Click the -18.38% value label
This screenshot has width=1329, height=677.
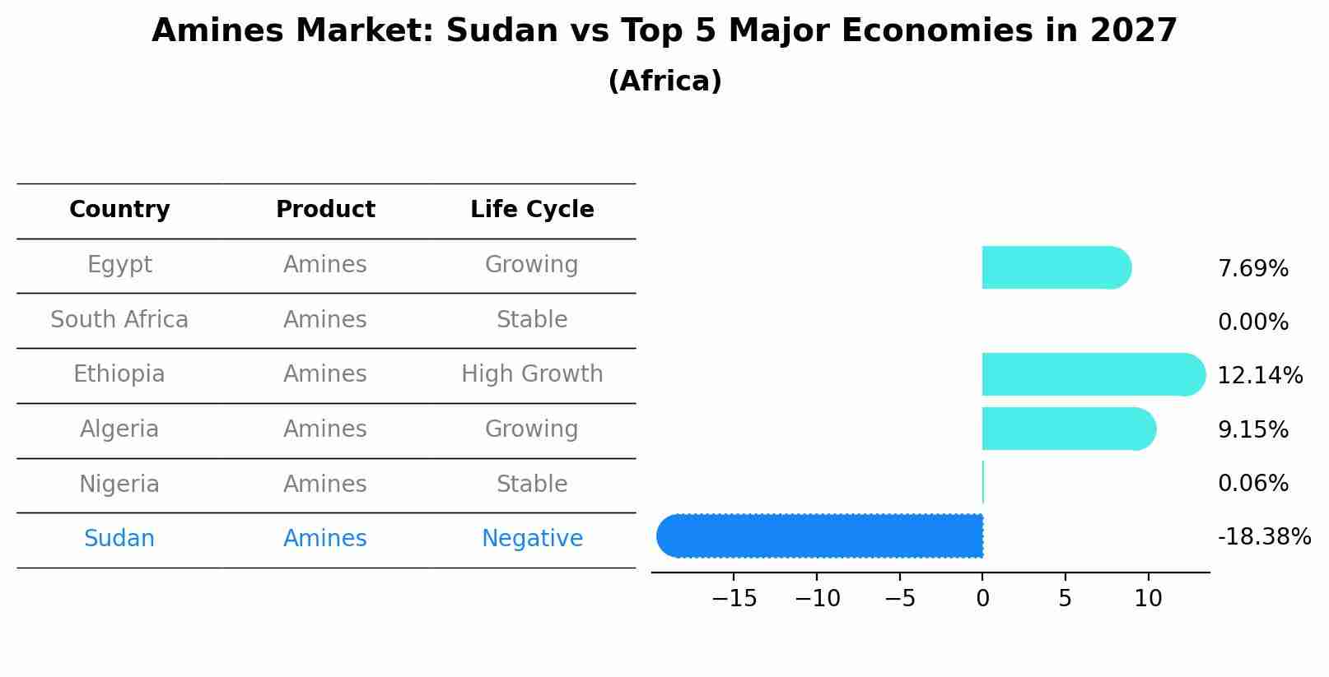pyautogui.click(x=1263, y=537)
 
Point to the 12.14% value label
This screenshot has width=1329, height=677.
pyautogui.click(x=1259, y=376)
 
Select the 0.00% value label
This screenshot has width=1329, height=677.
pyautogui.click(x=1252, y=322)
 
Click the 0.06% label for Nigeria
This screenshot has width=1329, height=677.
pyautogui.click(x=1252, y=484)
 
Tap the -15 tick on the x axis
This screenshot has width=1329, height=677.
pyautogui.click(x=734, y=599)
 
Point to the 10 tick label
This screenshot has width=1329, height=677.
pyautogui.click(x=1148, y=599)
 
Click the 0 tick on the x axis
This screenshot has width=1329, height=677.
pyautogui.click(x=982, y=599)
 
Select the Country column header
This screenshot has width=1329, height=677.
pyautogui.click(x=119, y=210)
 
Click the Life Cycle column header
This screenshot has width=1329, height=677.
pyautogui.click(x=532, y=210)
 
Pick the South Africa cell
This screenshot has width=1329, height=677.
pyautogui.click(x=119, y=320)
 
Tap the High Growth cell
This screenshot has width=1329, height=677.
pyautogui.click(x=532, y=374)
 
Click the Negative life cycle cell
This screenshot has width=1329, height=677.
pyautogui.click(x=532, y=539)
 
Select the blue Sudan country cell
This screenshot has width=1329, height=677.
pyautogui.click(x=119, y=539)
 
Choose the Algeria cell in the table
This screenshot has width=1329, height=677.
pyautogui.click(x=119, y=429)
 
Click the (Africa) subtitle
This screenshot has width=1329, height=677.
pyautogui.click(x=664, y=81)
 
